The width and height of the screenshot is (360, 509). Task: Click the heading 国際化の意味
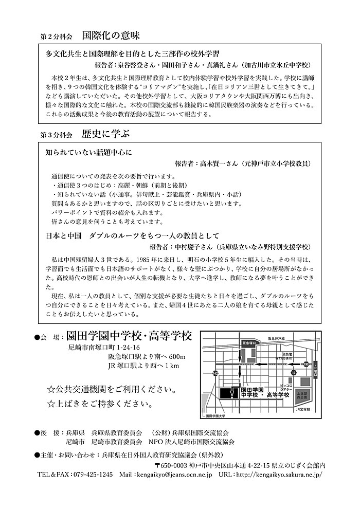click(x=110, y=36)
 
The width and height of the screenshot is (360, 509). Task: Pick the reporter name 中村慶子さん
click(x=177, y=246)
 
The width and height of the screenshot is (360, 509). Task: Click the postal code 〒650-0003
click(x=171, y=465)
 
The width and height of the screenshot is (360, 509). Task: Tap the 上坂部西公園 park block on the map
click(x=302, y=395)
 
